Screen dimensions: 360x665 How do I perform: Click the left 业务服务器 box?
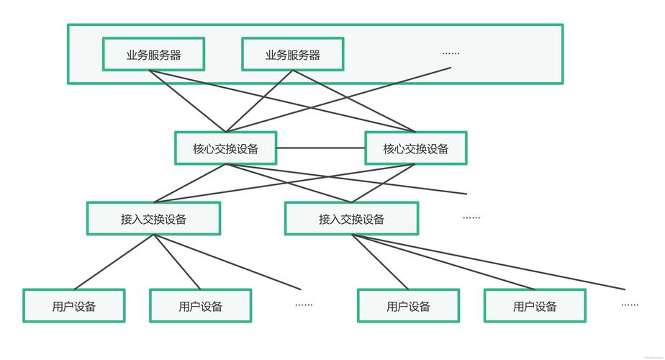pos(153,55)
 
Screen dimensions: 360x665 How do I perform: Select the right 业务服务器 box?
pos(292,55)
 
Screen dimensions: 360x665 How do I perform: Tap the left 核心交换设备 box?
pos(225,148)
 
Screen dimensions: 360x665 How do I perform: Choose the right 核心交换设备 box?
pos(415,148)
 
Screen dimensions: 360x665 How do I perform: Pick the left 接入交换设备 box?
pos(153,219)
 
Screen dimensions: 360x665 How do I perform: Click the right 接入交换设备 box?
pos(351,219)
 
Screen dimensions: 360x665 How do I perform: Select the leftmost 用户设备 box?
pos(73,306)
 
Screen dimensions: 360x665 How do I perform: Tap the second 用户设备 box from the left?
pos(200,306)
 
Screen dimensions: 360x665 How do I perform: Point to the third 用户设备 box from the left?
pos(408,306)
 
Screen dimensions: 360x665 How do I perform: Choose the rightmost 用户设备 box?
pos(535,306)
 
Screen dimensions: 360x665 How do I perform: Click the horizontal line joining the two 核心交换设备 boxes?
pos(320,148)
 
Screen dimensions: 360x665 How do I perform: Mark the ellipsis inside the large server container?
pos(451,53)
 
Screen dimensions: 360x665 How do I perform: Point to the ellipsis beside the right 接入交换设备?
pos(471,217)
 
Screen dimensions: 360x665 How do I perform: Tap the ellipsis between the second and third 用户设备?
pos(304,305)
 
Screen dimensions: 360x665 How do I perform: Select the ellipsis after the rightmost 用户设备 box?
pos(630,305)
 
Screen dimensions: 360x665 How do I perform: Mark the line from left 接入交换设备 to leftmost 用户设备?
pos(114,262)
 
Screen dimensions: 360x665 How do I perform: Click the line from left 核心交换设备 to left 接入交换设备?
pos(189,184)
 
